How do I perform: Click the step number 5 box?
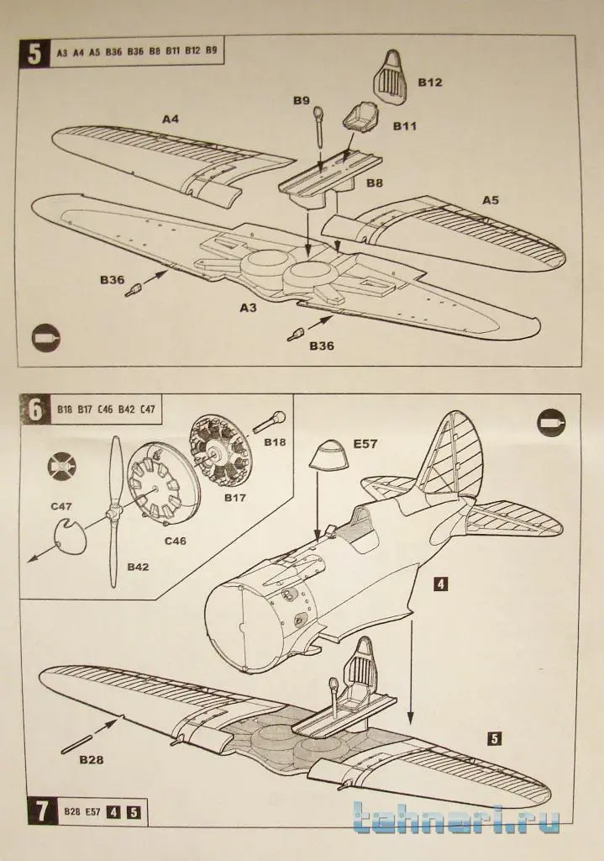click(x=34, y=52)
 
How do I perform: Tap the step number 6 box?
click(x=34, y=410)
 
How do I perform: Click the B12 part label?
click(x=430, y=82)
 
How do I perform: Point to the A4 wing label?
click(x=171, y=119)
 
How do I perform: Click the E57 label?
click(x=365, y=443)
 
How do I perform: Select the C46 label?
click(x=176, y=540)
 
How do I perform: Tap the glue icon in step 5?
click(x=45, y=338)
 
